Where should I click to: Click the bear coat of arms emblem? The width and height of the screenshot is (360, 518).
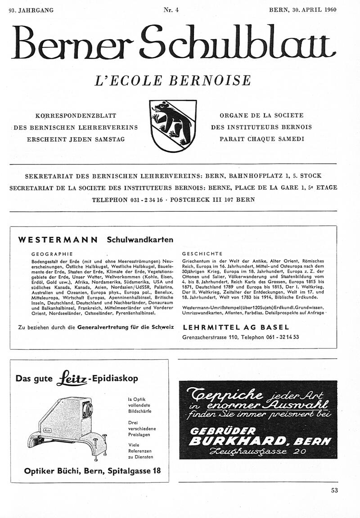pyautogui.click(x=173, y=125)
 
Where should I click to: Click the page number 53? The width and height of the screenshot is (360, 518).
pyautogui.click(x=334, y=491)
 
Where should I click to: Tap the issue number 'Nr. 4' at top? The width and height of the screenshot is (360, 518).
pyautogui.click(x=172, y=10)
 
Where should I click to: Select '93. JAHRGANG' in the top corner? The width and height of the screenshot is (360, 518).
pyautogui.click(x=31, y=10)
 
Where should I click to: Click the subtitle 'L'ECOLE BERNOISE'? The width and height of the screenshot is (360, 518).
pyautogui.click(x=173, y=80)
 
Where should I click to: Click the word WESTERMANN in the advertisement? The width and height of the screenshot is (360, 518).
pyautogui.click(x=58, y=240)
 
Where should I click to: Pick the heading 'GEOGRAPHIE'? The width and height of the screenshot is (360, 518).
pyautogui.click(x=52, y=254)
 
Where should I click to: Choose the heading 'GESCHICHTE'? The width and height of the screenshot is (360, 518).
pyautogui.click(x=202, y=254)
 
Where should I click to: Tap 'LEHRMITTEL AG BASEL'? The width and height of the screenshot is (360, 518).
pyautogui.click(x=236, y=327)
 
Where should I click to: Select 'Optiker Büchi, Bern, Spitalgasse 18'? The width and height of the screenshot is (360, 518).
pyautogui.click(x=92, y=471)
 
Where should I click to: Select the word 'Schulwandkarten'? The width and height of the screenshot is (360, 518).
pyautogui.click(x=140, y=240)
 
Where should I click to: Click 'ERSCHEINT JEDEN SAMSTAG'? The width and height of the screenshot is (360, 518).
pyautogui.click(x=76, y=139)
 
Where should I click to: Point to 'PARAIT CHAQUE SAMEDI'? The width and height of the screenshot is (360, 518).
pyautogui.click(x=261, y=139)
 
